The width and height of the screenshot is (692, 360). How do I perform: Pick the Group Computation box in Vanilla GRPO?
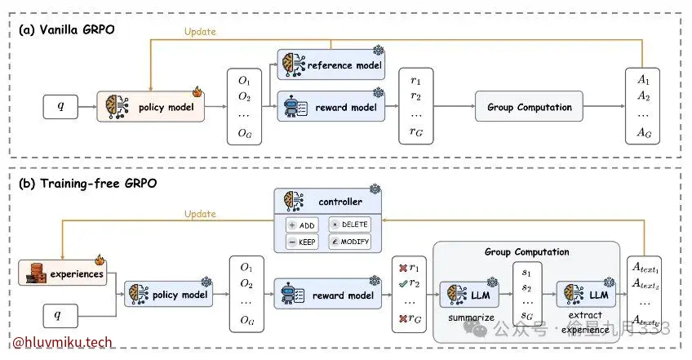[529, 107]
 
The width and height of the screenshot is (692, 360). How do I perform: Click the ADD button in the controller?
[301, 224]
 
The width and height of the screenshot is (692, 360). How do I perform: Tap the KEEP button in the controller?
[301, 242]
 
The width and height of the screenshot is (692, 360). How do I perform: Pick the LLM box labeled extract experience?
[585, 294]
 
